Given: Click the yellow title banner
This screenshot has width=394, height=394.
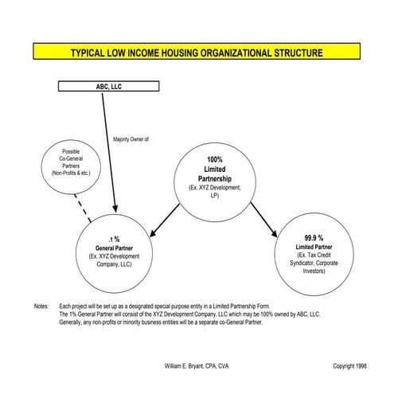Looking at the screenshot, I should [x=197, y=53].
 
